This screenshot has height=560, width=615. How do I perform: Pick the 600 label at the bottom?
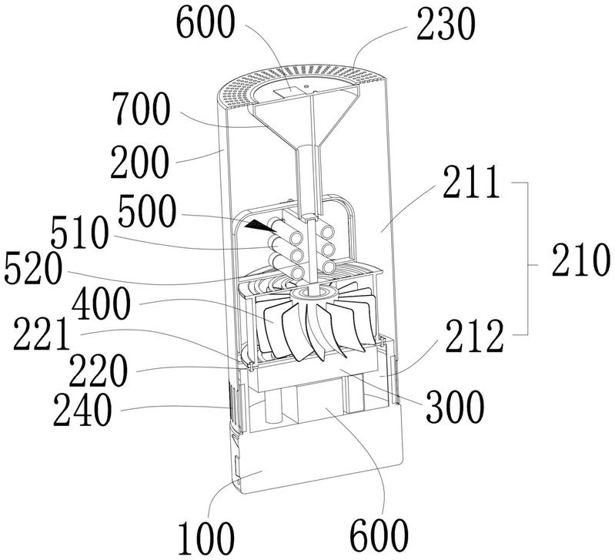pos(376,531)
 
